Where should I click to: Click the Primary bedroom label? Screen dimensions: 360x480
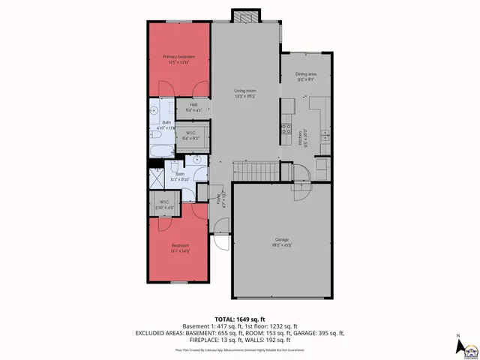(178, 59)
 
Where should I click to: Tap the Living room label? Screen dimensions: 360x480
(244, 93)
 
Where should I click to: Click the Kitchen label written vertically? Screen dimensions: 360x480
(299, 138)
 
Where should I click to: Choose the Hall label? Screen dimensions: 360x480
(193, 106)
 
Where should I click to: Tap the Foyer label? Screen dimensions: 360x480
(220, 199)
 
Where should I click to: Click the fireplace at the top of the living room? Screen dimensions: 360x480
(244, 16)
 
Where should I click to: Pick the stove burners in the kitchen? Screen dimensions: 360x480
(286, 128)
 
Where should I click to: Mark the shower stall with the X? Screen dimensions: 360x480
(157, 179)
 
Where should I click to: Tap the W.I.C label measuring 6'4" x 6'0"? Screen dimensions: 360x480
(190, 136)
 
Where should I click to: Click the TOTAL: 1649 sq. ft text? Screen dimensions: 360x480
(239, 319)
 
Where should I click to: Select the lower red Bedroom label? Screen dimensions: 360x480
(179, 247)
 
